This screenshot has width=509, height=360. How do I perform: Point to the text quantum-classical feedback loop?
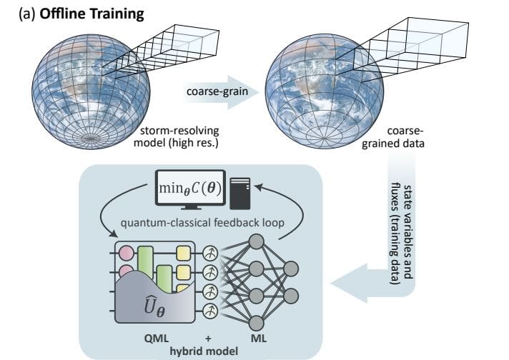[203, 223]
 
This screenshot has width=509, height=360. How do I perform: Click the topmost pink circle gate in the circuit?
[127, 252]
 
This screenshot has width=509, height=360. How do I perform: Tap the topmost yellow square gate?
[184, 252]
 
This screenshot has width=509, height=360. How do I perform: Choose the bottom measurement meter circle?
[211, 311]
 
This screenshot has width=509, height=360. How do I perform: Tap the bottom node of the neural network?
[255, 322]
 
